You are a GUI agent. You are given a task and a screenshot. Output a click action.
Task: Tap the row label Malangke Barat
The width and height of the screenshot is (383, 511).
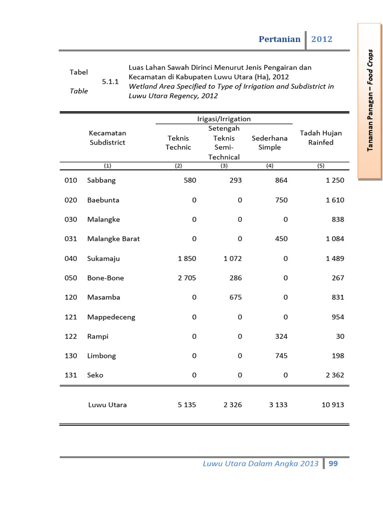click(113, 239)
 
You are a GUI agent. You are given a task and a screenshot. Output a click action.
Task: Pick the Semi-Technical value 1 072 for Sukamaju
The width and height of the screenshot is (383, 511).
click(232, 258)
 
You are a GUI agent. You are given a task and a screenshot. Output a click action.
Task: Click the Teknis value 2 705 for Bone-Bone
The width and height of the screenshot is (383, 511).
click(187, 278)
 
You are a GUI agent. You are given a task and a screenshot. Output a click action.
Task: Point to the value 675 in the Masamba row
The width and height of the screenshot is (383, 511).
click(235, 297)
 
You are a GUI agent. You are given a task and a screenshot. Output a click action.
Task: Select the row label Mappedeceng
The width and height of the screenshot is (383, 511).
click(111, 317)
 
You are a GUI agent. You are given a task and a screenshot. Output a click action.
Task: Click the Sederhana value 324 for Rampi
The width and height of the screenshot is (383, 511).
click(281, 337)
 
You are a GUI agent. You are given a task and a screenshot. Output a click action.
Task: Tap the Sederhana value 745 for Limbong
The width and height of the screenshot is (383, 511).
click(281, 356)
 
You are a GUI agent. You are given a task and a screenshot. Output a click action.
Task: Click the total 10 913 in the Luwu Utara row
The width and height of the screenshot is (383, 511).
click(333, 405)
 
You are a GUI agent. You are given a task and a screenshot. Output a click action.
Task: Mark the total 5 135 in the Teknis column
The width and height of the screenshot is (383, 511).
click(187, 405)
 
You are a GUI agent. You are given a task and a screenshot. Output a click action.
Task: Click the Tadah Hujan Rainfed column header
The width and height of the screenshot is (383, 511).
click(321, 138)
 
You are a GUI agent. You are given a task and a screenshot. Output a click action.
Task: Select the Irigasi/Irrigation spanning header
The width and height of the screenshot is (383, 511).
click(224, 119)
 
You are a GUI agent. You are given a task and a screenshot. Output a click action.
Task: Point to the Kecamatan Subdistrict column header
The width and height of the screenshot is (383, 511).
click(107, 138)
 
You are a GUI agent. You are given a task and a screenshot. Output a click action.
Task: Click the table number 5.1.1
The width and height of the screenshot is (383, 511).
click(110, 82)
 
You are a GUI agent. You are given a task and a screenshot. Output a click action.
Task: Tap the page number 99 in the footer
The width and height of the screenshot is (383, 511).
click(333, 464)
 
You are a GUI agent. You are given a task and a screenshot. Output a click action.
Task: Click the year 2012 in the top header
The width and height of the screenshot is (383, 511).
click(322, 39)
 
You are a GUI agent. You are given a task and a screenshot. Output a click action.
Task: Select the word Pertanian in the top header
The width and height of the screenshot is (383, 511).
click(279, 39)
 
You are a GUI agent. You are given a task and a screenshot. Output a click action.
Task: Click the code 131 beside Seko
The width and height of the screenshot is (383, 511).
click(71, 375)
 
